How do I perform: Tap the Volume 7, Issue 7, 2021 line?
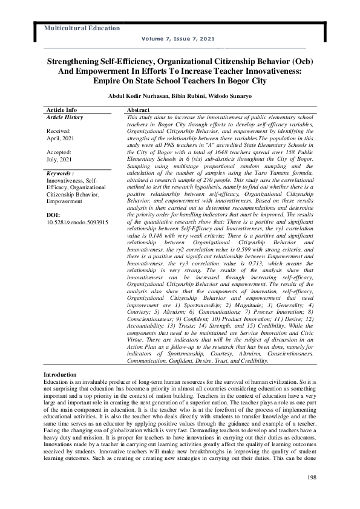(178, 39)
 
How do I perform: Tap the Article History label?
(65, 117)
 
